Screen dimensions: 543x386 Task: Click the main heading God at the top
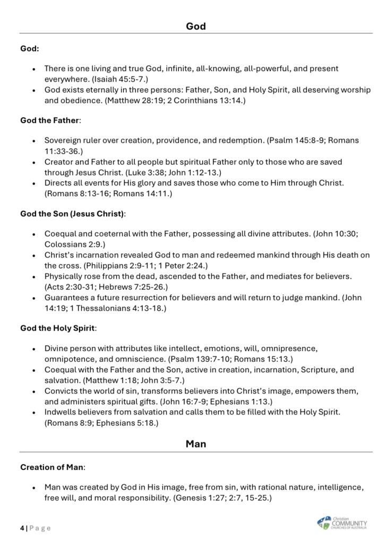[196, 25]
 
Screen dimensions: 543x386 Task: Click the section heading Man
[196, 443]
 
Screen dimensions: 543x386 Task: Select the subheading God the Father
[49, 120]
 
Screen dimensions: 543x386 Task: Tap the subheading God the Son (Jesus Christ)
[73, 214]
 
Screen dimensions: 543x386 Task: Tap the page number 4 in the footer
[22, 528]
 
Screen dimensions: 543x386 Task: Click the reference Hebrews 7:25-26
[132, 286]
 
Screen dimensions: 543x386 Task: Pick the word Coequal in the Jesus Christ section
[61, 234]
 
